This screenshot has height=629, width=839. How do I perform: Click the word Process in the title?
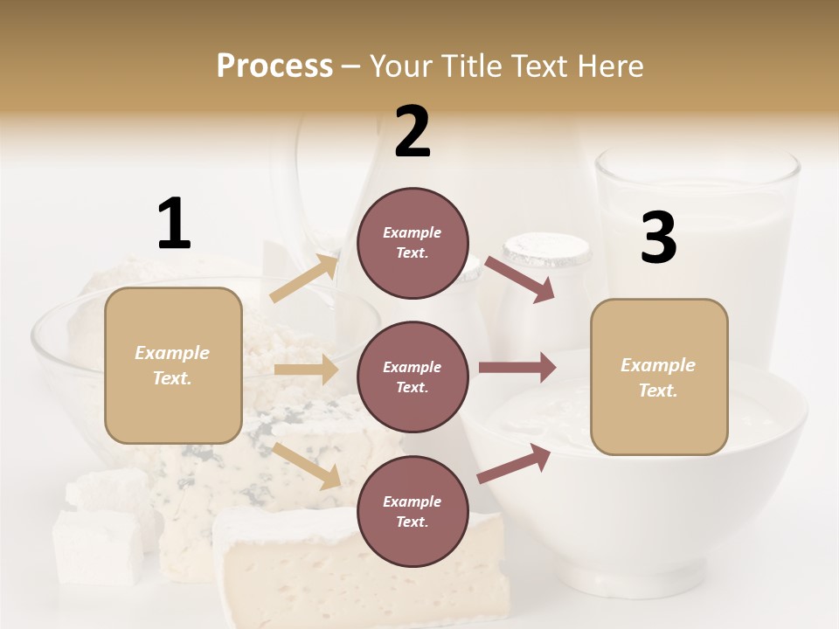click(274, 66)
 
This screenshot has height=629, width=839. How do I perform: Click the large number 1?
click(174, 225)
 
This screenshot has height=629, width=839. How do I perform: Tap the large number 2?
click(413, 132)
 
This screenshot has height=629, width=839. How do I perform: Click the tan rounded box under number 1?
click(173, 365)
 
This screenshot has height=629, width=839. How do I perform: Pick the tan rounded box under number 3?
click(659, 377)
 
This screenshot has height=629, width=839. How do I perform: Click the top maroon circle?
click(413, 243)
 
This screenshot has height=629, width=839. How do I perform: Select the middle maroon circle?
click(413, 377)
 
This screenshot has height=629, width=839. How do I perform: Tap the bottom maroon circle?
click(413, 512)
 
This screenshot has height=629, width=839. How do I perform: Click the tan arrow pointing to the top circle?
click(304, 278)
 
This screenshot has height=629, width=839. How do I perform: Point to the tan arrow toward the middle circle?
click(306, 370)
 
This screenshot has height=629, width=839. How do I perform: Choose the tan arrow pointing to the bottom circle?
click(307, 466)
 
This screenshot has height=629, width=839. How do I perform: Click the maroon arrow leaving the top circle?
click(520, 279)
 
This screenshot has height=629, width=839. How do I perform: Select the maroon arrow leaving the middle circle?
click(517, 368)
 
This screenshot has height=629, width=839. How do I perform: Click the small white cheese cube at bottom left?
click(98, 546)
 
